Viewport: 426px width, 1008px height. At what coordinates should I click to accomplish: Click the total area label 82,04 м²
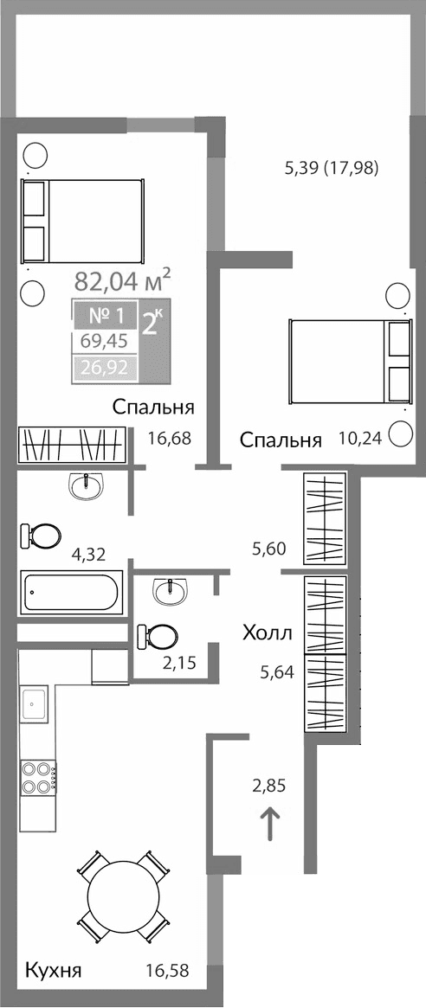click(122, 280)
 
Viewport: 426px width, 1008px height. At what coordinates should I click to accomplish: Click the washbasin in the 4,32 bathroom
click(86, 487)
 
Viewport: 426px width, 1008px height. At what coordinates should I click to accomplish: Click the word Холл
click(268, 633)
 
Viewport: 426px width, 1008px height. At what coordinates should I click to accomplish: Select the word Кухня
click(53, 971)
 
